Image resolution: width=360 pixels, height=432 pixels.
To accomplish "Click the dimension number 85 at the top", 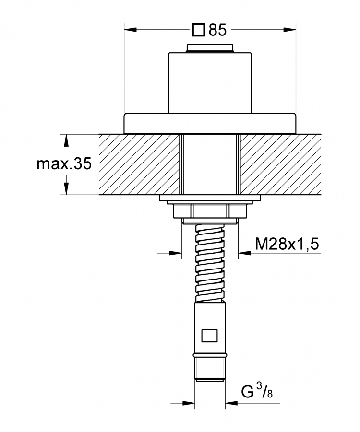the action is pyautogui.click(x=217, y=30).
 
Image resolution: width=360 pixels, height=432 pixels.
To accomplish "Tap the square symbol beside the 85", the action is pyautogui.click(x=199, y=30).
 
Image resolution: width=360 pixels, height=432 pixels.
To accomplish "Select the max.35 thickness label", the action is pyautogui.click(x=64, y=164).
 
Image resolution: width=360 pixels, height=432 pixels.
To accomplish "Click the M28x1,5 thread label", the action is pyautogui.click(x=287, y=244).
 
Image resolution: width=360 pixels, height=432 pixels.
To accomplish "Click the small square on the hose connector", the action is pyautogui.click(x=209, y=336).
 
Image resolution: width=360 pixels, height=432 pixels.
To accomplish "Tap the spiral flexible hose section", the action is pyautogui.click(x=210, y=263).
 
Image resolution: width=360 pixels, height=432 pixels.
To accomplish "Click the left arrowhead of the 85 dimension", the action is pyautogui.click(x=130, y=29).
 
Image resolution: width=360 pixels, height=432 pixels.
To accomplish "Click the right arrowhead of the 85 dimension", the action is pyautogui.click(x=289, y=29).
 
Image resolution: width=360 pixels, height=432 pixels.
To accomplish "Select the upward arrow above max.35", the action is pyautogui.click(x=66, y=140).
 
